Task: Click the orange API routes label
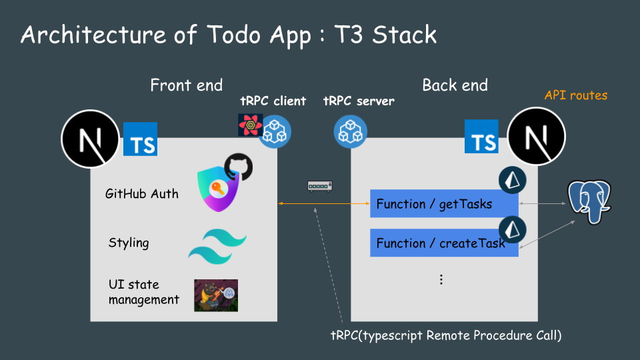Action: pyautogui.click(x=576, y=95)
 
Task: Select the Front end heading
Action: pyautogui.click(x=187, y=85)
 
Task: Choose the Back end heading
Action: pyautogui.click(x=455, y=85)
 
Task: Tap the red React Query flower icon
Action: pyautogui.click(x=250, y=125)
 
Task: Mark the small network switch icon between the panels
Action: pyautogui.click(x=320, y=186)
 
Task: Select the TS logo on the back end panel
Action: pyautogui.click(x=481, y=137)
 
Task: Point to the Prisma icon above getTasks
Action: pyautogui.click(x=512, y=180)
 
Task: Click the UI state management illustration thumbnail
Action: pyautogui.click(x=216, y=295)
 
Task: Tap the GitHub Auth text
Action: pyautogui.click(x=142, y=194)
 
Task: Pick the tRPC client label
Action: pyautogui.click(x=273, y=101)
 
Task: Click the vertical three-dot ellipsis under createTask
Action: pyautogui.click(x=441, y=279)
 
